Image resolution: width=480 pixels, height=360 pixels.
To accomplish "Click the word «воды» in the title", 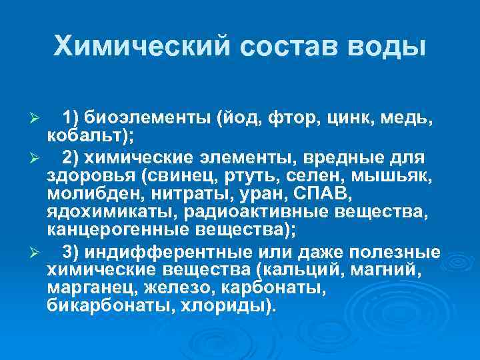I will pos(386,46).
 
